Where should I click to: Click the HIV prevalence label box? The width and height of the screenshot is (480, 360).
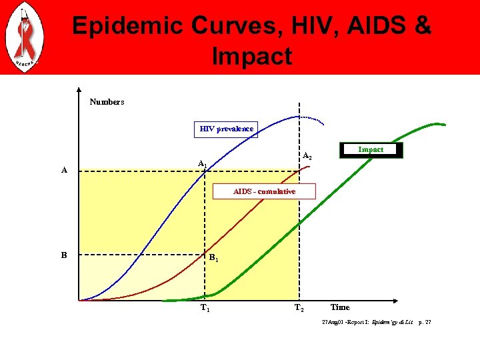tap(227, 129)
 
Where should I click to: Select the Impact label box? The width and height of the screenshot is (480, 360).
tap(371, 150)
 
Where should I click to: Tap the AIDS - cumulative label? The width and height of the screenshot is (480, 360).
tap(264, 191)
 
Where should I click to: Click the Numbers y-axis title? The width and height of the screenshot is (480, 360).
tap(107, 102)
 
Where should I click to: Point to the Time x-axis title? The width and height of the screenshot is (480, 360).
tap(340, 307)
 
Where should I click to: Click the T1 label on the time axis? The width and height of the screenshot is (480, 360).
tap(206, 308)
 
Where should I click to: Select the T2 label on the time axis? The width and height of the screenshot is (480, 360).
tap(299, 308)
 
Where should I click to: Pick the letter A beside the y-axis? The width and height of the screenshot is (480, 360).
tap(64, 170)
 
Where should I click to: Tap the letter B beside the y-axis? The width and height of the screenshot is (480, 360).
tap(64, 255)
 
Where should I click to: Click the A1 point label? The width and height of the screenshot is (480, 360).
tap(203, 163)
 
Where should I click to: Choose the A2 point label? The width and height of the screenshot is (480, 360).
tap(307, 157)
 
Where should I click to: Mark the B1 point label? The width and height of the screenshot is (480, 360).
tap(213, 258)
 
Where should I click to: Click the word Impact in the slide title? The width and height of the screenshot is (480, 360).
tap(252, 57)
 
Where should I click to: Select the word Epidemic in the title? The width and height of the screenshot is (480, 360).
tap(127, 26)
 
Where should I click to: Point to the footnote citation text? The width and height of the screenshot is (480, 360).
tap(376, 322)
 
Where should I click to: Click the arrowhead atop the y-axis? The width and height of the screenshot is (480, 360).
tap(79, 91)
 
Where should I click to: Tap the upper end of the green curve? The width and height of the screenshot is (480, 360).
tap(440, 124)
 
